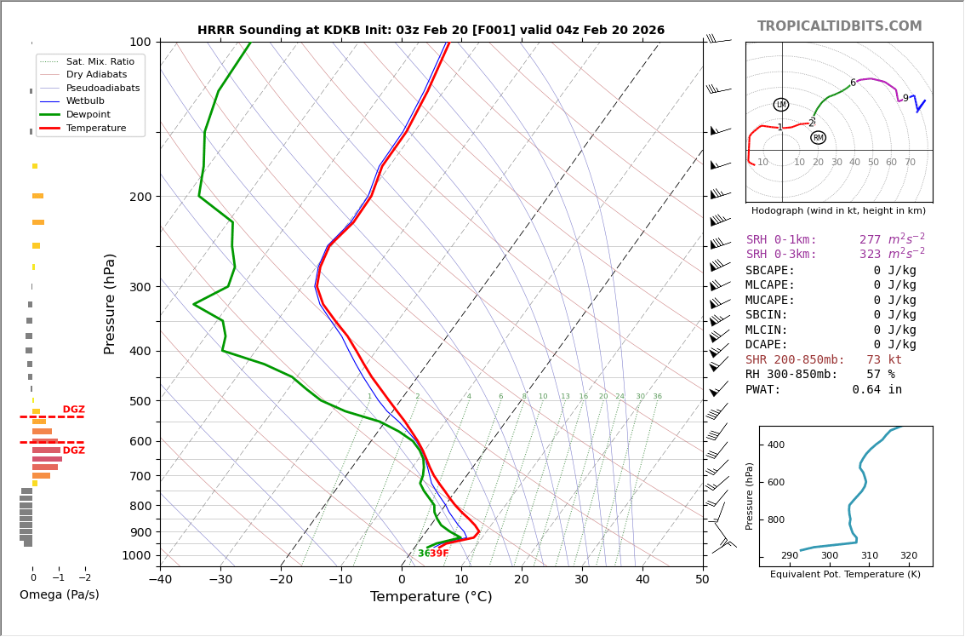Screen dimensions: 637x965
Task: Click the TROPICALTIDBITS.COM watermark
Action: (839, 26)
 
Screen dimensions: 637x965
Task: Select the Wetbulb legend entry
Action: (85, 101)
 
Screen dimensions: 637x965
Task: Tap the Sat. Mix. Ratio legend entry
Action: (100, 62)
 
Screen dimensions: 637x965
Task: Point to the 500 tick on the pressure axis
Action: (140, 401)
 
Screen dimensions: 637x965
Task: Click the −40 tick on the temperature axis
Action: (160, 581)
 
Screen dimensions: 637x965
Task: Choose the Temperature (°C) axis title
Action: (431, 597)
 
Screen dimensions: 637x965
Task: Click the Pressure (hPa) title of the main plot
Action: (110, 303)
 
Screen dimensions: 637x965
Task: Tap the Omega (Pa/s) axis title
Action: (59, 594)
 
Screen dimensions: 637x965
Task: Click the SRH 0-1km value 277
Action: (870, 240)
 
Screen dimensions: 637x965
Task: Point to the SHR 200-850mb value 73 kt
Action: (884, 360)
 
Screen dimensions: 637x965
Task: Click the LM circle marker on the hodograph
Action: (781, 105)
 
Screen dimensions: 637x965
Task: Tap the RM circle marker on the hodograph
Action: (818, 138)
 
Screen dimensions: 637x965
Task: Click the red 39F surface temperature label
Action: (439, 554)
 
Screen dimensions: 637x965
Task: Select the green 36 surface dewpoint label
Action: (423, 554)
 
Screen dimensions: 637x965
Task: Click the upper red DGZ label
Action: (73, 410)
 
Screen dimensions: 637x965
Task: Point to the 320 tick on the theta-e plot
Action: (908, 556)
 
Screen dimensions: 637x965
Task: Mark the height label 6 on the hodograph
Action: (853, 83)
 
